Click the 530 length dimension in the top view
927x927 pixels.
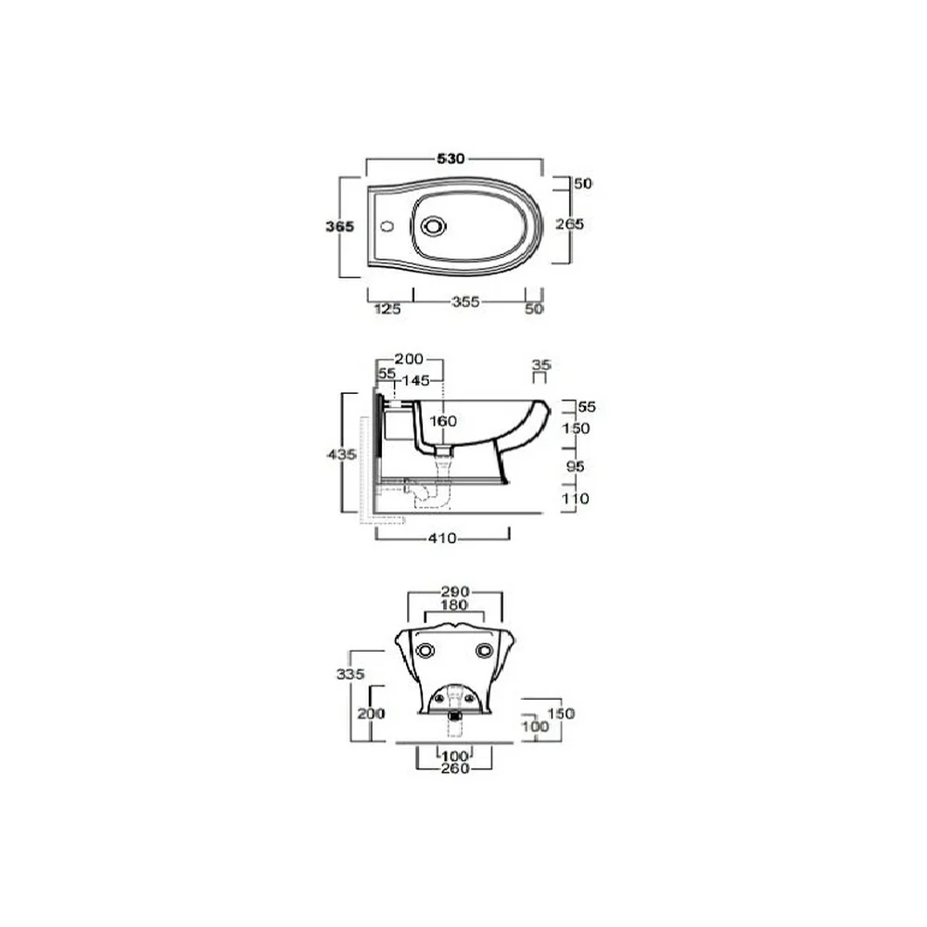[x=451, y=159]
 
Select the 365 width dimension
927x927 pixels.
[x=340, y=226]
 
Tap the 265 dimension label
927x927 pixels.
[x=569, y=224]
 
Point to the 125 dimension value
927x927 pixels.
[x=387, y=309]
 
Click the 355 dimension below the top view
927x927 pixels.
[x=465, y=301]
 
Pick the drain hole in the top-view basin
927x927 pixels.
[x=433, y=226]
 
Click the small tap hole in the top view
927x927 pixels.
[x=387, y=226]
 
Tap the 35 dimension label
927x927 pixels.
[x=541, y=364]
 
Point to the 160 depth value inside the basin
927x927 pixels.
[x=443, y=421]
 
